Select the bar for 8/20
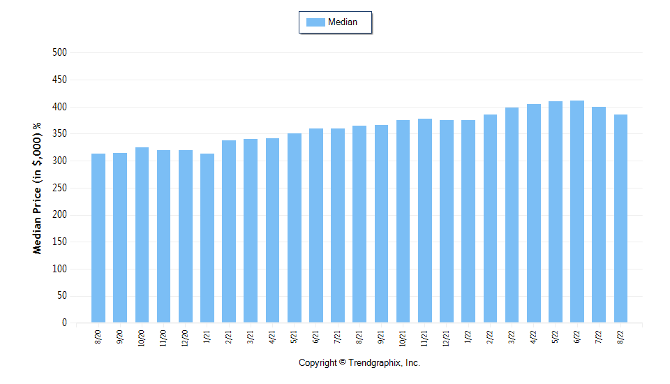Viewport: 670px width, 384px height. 98,238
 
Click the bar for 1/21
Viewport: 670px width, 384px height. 207,238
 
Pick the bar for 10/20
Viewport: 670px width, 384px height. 142,235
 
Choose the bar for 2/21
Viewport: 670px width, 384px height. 229,231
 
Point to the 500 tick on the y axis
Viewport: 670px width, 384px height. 59,52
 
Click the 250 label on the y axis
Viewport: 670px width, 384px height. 59,188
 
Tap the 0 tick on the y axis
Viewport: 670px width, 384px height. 64,323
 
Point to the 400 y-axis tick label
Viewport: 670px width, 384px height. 59,107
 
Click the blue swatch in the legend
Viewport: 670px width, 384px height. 315,22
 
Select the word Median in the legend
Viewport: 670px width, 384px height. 343,22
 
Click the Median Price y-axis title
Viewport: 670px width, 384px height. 37,188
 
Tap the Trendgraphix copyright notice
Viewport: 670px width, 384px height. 359,363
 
